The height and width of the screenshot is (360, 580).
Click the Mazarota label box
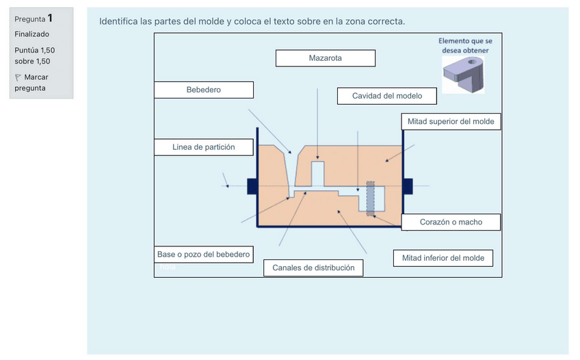(x=325, y=58)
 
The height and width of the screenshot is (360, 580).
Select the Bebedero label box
(x=203, y=90)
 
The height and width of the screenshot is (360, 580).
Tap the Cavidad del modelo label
(x=386, y=96)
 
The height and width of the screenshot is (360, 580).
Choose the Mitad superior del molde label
(x=451, y=122)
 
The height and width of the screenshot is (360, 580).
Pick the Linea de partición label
(x=203, y=147)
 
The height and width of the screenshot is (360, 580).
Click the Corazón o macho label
(x=451, y=222)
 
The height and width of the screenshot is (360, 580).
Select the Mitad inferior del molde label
(x=443, y=258)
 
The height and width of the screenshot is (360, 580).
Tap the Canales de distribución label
(x=313, y=268)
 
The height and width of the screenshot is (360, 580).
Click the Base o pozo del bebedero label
(x=203, y=255)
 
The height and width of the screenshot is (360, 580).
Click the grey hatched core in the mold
(x=371, y=198)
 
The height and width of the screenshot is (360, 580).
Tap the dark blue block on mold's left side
(x=252, y=185)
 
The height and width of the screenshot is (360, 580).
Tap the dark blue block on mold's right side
(x=408, y=185)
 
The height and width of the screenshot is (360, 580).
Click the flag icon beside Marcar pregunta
(x=18, y=77)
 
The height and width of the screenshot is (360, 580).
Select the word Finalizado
(x=31, y=34)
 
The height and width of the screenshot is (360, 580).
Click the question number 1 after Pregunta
(x=50, y=18)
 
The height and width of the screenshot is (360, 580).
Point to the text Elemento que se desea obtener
(x=464, y=45)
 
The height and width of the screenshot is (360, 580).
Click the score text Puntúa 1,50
(x=34, y=51)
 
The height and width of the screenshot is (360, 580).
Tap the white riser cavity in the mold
(x=318, y=171)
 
